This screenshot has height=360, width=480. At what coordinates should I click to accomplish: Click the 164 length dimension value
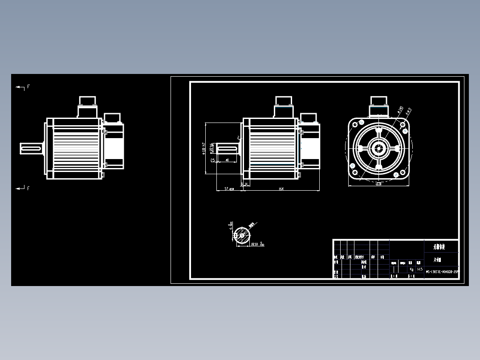coord(281,189)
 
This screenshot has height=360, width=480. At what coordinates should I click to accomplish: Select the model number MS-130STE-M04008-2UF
coord(442,271)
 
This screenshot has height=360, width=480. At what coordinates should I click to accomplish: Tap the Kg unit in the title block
coord(411,269)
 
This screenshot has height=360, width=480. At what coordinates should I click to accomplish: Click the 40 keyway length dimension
coord(227,160)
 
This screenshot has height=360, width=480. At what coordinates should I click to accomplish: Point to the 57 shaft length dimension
coord(229,189)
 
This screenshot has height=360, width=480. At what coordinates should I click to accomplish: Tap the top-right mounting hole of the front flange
coord(404,131)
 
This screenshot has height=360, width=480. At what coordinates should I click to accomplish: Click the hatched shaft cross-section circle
coord(242,235)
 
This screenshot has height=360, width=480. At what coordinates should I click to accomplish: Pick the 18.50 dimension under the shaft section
coord(257,244)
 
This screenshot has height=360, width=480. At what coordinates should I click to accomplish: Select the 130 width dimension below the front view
coord(378,184)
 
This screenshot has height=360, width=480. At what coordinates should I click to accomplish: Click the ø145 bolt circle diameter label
coord(400,110)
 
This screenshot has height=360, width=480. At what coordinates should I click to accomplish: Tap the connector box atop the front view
coord(378,107)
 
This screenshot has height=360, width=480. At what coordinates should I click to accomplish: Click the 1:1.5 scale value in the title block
coord(419,269)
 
